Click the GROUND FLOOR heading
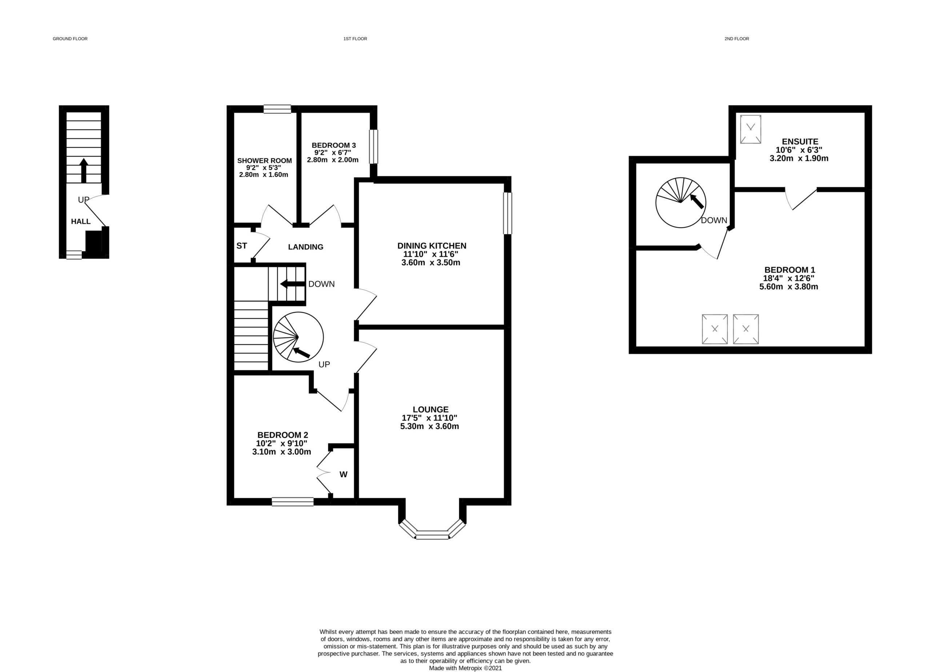click(x=70, y=39)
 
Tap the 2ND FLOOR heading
click(x=736, y=39)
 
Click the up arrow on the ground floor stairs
click(x=84, y=170)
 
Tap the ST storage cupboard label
click(x=242, y=246)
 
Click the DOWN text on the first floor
click(x=321, y=284)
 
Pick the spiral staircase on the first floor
click(x=299, y=337)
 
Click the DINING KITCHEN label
click(x=431, y=246)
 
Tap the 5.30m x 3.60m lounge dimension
click(x=429, y=427)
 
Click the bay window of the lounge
click(x=432, y=535)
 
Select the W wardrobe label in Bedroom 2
click(x=343, y=475)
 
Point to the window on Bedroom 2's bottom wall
click(x=293, y=502)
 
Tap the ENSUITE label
click(x=800, y=141)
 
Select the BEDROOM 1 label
click(x=790, y=270)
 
